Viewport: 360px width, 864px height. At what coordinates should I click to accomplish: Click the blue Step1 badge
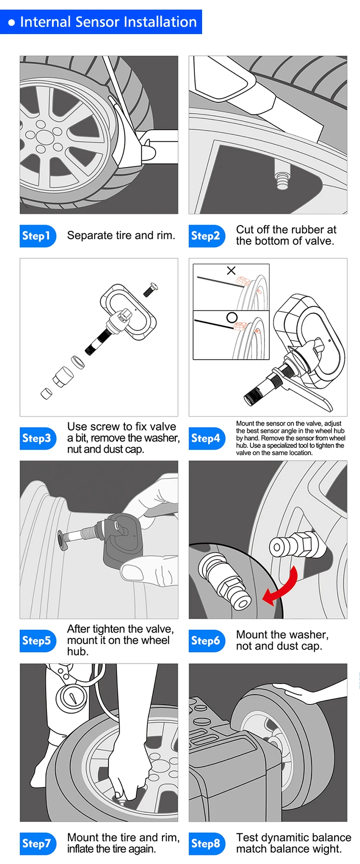(x=38, y=236)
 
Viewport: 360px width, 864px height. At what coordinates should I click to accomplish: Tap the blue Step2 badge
(x=207, y=236)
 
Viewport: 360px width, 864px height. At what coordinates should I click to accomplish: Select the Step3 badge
(x=38, y=438)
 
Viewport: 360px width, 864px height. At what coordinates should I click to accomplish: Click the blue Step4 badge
(x=207, y=438)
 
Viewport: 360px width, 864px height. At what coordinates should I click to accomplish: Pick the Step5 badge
(x=38, y=641)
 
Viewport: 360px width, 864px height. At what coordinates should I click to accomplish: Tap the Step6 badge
(x=207, y=641)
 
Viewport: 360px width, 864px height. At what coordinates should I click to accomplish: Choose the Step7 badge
(x=38, y=843)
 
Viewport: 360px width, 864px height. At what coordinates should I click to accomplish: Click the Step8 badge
(x=207, y=843)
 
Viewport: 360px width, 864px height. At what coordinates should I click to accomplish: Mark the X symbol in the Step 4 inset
(x=231, y=270)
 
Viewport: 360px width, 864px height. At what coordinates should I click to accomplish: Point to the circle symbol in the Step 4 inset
(x=232, y=317)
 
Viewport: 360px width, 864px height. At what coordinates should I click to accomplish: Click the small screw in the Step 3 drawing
(x=151, y=289)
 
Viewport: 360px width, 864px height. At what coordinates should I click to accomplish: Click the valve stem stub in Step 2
(x=282, y=177)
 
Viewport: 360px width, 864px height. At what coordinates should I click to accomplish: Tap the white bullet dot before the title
(x=12, y=23)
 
